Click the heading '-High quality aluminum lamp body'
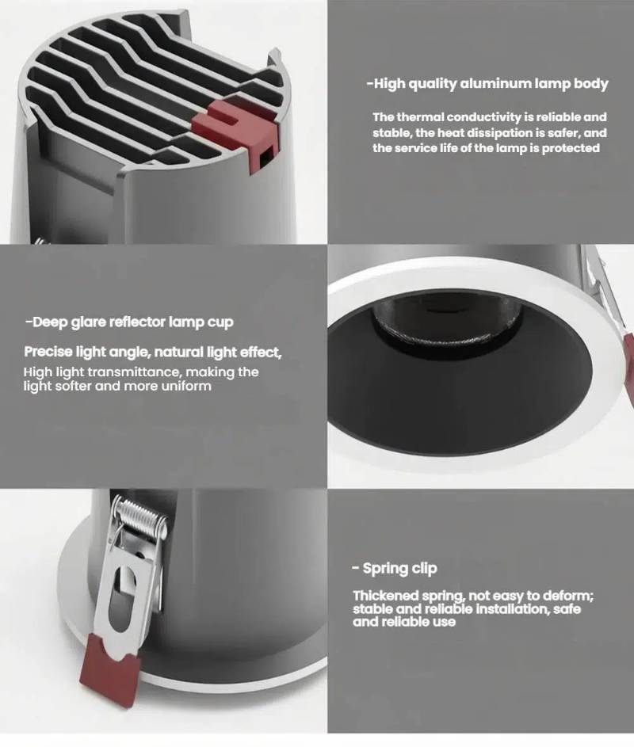pos(487,84)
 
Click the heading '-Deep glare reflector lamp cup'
pos(129,322)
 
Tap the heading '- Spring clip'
pos(394,568)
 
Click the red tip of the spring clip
pos(111,662)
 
